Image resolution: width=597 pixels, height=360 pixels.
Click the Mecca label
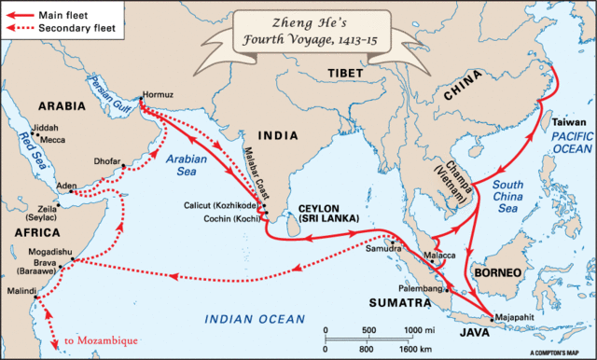point(51,141)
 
